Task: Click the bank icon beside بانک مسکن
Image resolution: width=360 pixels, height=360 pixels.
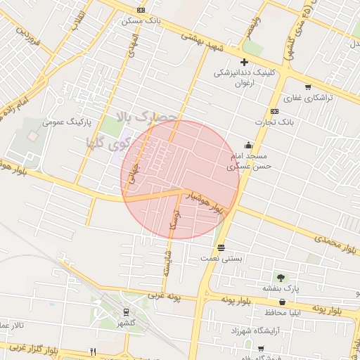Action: pos(141,10)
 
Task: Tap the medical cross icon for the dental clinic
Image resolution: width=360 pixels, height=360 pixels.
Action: pos(244,63)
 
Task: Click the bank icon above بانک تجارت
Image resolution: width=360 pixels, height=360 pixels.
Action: pos(274,111)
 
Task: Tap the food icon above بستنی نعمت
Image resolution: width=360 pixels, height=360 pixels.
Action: pos(221,247)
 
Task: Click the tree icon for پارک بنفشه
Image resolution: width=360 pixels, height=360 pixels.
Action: pos(282,278)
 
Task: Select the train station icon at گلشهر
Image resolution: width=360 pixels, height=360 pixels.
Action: pos(126,311)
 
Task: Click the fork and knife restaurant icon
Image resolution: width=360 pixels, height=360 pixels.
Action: pos(93,351)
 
